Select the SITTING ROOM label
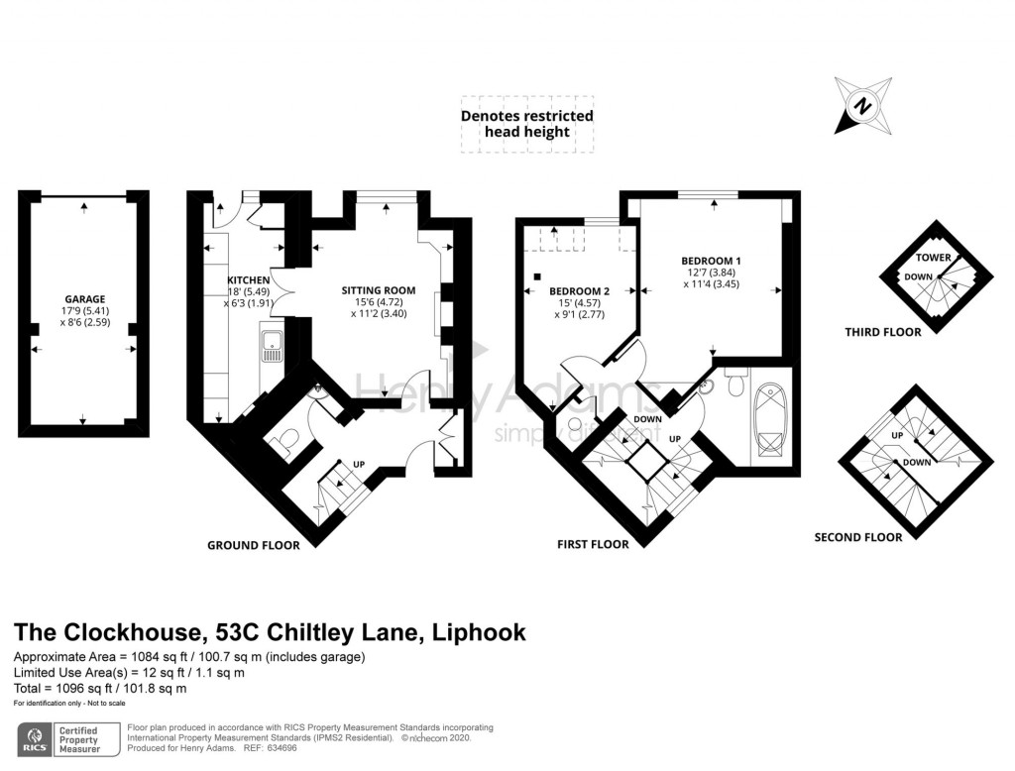(x=378, y=290)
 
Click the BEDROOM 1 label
(x=711, y=261)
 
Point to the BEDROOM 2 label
(x=579, y=290)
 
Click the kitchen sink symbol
(x=272, y=346)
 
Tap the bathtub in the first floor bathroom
(x=769, y=421)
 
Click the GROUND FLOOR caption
(x=253, y=545)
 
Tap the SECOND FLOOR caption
(x=858, y=537)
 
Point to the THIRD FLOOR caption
(x=883, y=332)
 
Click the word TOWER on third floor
(x=940, y=258)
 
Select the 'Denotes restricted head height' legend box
(x=527, y=124)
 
